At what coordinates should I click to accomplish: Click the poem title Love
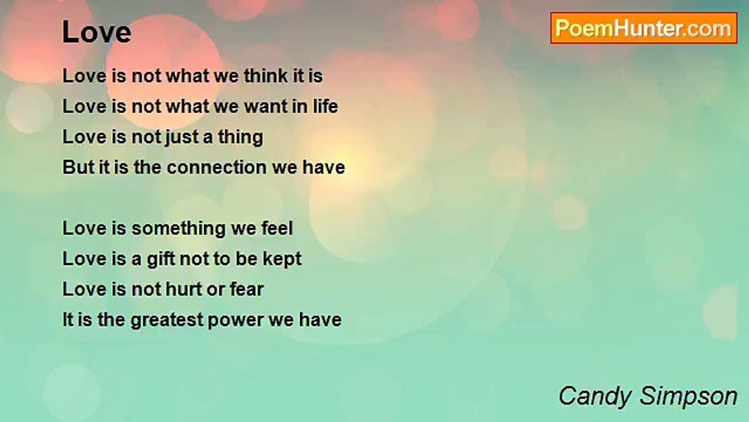click(x=97, y=32)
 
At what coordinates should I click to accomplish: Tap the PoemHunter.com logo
click(x=644, y=28)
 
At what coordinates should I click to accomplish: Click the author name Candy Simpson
click(x=648, y=397)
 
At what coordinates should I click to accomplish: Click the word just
click(x=181, y=138)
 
